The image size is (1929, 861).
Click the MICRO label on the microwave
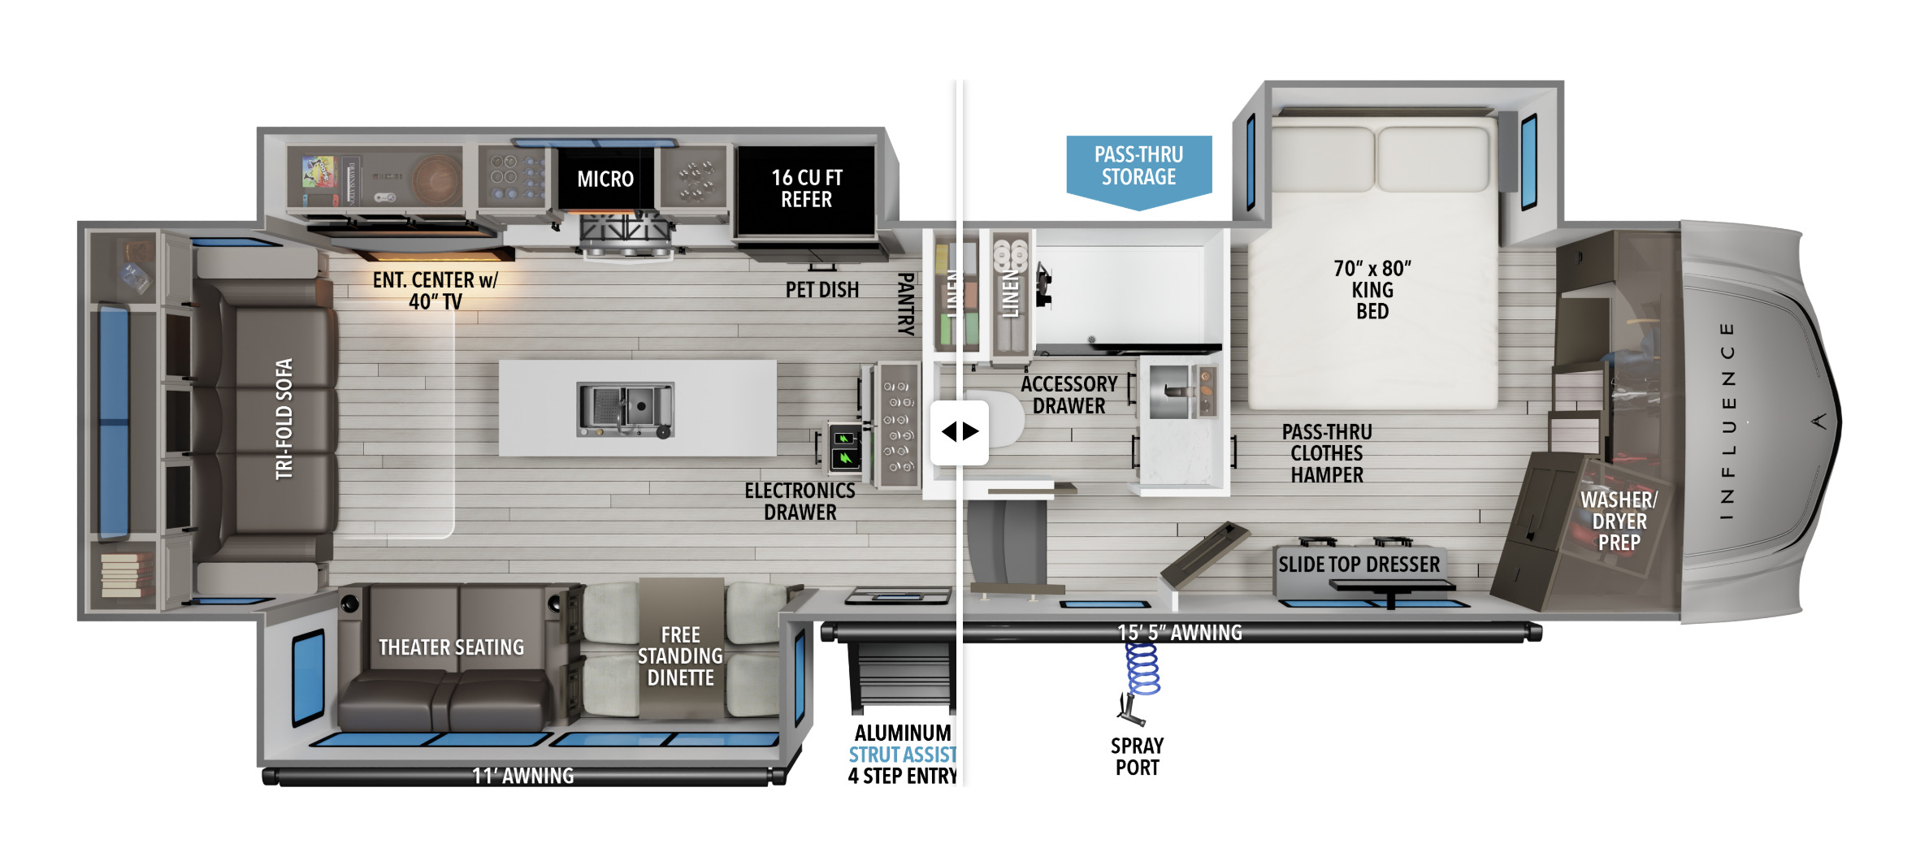pos(605,179)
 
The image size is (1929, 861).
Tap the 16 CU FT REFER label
pos(807,188)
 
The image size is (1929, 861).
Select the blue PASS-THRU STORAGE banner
pos(1138,172)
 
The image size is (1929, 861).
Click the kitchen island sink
pos(625,409)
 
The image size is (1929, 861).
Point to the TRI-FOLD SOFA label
pos(284,419)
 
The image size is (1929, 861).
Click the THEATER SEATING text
pos(451,647)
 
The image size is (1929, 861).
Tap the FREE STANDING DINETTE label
pos(680,656)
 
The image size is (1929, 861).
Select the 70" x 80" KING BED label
pos(1372,290)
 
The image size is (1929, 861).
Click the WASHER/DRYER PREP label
pos(1619,521)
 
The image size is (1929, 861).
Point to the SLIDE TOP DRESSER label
pos(1359,565)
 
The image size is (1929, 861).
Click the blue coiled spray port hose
pos(1142,668)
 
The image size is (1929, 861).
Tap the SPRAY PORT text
pos(1138,756)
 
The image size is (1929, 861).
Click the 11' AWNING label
pos(523,777)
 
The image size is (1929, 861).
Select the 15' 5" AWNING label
pos(1180,633)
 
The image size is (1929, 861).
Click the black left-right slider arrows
pos(960,431)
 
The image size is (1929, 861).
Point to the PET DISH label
pos(821,290)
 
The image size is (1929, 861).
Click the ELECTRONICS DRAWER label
pos(800,501)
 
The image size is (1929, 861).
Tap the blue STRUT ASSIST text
pos(903,755)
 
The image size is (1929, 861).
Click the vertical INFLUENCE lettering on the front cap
pos(1727,421)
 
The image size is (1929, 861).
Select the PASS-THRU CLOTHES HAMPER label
pos(1327,453)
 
